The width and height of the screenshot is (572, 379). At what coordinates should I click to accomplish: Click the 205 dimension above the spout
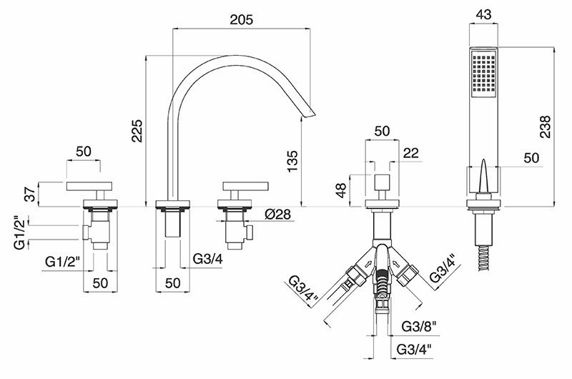coord(241,20)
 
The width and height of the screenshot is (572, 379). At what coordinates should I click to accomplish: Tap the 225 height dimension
coord(137,131)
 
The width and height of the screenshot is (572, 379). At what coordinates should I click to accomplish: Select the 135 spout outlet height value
coord(292,161)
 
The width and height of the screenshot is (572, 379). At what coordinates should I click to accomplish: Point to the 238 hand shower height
coord(545,127)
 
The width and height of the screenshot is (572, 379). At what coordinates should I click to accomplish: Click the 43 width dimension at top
coord(484,14)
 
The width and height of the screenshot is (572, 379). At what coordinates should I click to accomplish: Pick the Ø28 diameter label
coord(278,214)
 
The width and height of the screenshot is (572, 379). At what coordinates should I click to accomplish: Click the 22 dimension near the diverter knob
coord(411,153)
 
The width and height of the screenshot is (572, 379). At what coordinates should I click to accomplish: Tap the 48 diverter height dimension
coord(341,190)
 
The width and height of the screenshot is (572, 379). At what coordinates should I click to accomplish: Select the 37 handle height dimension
coord(31,193)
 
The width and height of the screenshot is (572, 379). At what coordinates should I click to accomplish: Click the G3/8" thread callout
coord(419,327)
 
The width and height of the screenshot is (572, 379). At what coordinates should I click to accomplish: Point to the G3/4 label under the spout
coord(207,259)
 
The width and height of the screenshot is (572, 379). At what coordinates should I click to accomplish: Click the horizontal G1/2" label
coord(62,261)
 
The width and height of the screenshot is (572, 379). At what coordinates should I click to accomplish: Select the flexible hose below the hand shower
coord(485,258)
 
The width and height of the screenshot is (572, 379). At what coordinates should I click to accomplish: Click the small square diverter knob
coord(382,182)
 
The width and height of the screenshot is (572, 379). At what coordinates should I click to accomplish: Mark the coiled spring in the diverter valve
coord(382,282)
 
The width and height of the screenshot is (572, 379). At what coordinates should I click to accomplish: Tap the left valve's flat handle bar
coord(89,186)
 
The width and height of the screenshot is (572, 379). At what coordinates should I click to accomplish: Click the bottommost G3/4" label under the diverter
coord(414,349)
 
